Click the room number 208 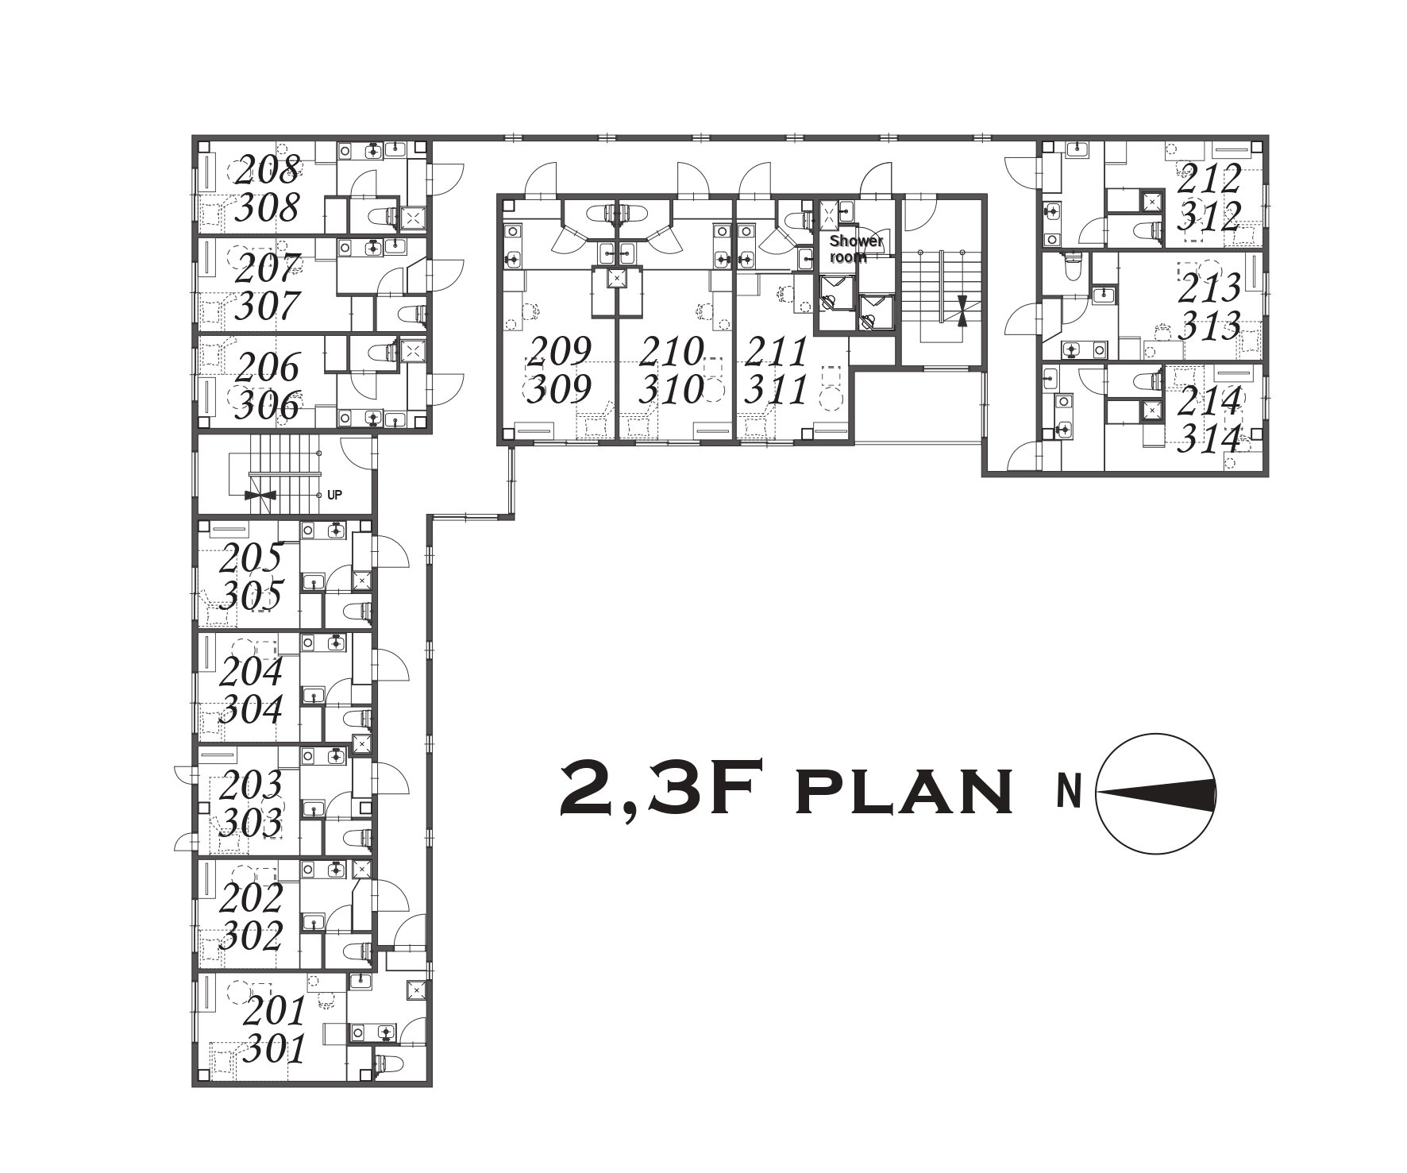click(269, 169)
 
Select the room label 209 click(561, 350)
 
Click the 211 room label click(776, 350)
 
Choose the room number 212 click(1208, 179)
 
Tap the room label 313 click(1209, 325)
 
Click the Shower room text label click(855, 249)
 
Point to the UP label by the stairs click(334, 495)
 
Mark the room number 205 click(251, 557)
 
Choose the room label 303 click(251, 822)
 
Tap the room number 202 click(251, 898)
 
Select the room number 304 click(251, 709)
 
